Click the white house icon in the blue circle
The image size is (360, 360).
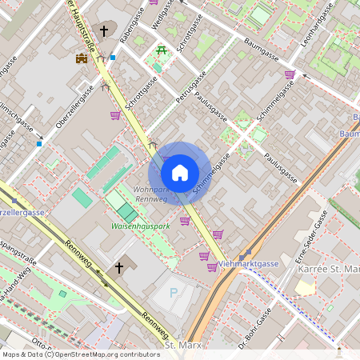[180, 173]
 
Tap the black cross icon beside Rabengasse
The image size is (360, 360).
[103, 31]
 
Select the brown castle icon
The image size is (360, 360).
[81, 58]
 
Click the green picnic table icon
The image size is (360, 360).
[162, 51]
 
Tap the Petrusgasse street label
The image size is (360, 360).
[190, 88]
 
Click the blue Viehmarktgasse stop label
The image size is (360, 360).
[247, 262]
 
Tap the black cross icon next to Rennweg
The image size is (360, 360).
[119, 266]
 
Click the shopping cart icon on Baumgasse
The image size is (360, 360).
[289, 74]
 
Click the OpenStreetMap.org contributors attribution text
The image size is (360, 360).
[104, 354]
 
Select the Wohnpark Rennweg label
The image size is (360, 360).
[150, 194]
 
